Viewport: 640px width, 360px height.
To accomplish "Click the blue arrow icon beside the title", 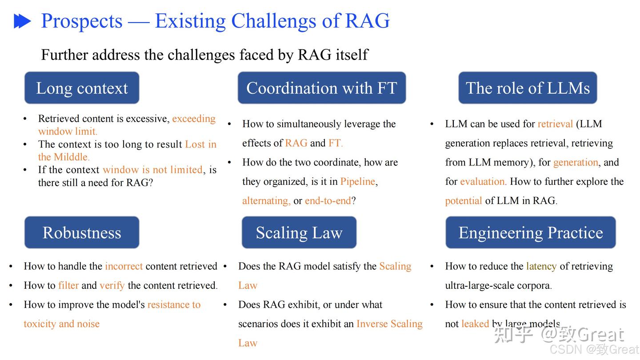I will click(22, 21).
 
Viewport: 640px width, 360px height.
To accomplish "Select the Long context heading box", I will click(82, 88).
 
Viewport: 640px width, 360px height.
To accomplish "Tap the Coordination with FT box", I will click(321, 88).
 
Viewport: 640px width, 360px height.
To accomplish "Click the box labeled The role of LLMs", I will click(528, 88).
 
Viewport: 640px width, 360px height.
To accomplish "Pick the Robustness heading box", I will click(82, 232).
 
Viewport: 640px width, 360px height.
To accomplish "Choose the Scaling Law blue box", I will click(299, 232).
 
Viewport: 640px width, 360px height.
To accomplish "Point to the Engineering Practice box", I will click(531, 232).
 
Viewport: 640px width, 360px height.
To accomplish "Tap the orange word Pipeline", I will click(358, 181).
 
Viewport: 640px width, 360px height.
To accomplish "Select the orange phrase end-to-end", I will click(328, 200).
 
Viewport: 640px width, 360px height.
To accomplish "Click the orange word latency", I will click(541, 266).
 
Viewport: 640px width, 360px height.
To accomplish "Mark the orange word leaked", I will click(475, 324).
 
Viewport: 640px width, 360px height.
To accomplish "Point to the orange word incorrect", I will click(124, 266).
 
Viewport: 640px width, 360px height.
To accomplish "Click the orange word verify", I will click(112, 285).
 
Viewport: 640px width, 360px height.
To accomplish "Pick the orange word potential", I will click(463, 200).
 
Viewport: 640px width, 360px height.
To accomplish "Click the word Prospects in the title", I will click(82, 21).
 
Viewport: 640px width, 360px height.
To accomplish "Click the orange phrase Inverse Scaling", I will click(389, 324).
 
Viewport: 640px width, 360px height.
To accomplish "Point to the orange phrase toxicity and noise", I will click(61, 324).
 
